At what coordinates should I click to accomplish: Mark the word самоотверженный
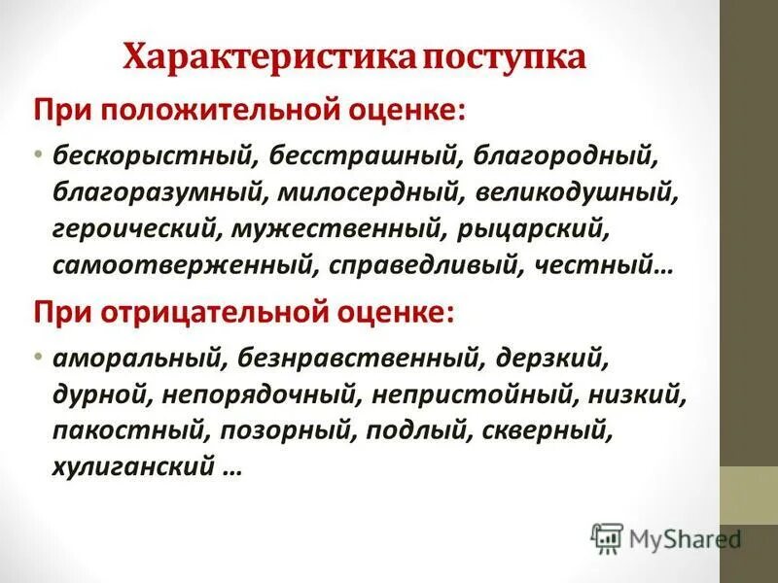[184, 267]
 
